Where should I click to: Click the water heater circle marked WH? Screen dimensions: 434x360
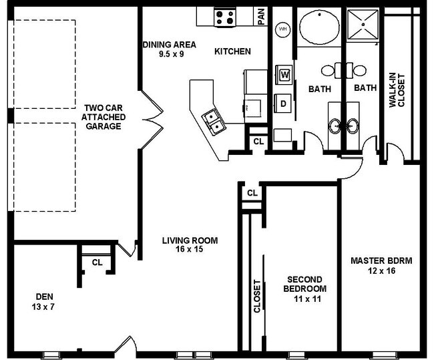point(282,29)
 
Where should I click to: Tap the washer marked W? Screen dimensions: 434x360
point(284,75)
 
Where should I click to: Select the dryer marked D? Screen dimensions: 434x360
point(283,104)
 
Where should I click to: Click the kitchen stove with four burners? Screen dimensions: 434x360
point(225,17)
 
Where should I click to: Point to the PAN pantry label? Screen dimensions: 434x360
point(261,17)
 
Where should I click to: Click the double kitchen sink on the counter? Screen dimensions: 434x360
point(214,122)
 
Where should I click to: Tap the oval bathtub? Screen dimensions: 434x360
point(319,27)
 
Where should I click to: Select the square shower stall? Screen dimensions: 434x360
point(363,25)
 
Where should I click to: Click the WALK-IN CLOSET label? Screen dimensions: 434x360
point(397,90)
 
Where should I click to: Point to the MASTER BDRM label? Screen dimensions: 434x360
point(381,261)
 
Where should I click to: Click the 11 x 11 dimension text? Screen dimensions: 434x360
point(307,299)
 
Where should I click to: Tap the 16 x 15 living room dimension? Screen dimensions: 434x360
point(190,249)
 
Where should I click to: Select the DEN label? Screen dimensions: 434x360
point(44,297)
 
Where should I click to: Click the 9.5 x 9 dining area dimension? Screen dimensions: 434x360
point(172,54)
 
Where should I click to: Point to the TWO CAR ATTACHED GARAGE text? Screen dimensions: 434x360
point(103,117)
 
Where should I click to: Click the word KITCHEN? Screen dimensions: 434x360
point(233,51)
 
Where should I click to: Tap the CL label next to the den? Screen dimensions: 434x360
point(97,262)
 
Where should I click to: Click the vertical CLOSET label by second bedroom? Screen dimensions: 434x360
point(257,297)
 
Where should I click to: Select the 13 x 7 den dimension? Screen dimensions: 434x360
point(43,307)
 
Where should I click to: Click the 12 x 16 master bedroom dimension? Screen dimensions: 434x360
point(382,271)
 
